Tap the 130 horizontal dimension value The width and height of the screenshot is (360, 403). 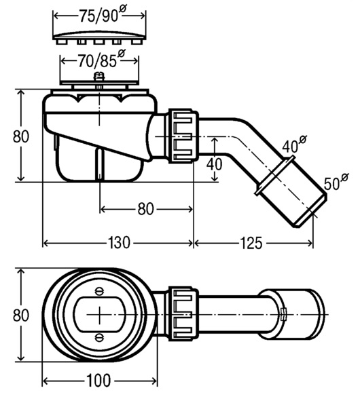pyautogui.click(x=119, y=243)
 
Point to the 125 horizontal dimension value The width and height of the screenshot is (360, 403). pyautogui.click(x=251, y=243)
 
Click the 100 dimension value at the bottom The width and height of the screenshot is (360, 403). pyautogui.click(x=98, y=380)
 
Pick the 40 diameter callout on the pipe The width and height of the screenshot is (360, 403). pyautogui.click(x=294, y=145)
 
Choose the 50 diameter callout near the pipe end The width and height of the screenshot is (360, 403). pyautogui.click(x=336, y=183)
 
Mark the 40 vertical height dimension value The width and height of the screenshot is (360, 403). pyautogui.click(x=214, y=164)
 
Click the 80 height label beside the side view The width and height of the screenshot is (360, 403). pyautogui.click(x=21, y=136)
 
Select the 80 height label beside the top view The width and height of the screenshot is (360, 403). pyautogui.click(x=21, y=315)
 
